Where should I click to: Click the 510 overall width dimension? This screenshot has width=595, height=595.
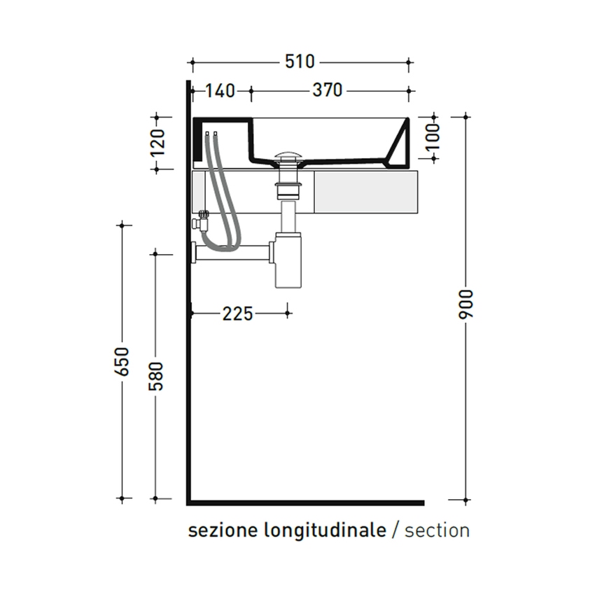(x=300, y=62)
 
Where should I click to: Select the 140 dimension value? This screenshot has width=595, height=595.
(x=220, y=90)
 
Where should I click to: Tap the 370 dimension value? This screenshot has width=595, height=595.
(x=327, y=90)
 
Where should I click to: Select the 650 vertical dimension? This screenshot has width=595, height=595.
(x=123, y=361)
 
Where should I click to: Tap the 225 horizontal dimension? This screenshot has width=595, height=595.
(x=237, y=314)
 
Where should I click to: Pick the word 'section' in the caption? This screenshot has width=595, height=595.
(x=437, y=531)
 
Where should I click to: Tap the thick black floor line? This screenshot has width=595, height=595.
(x=308, y=502)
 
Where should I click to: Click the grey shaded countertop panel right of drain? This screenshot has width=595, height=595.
(x=365, y=191)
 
